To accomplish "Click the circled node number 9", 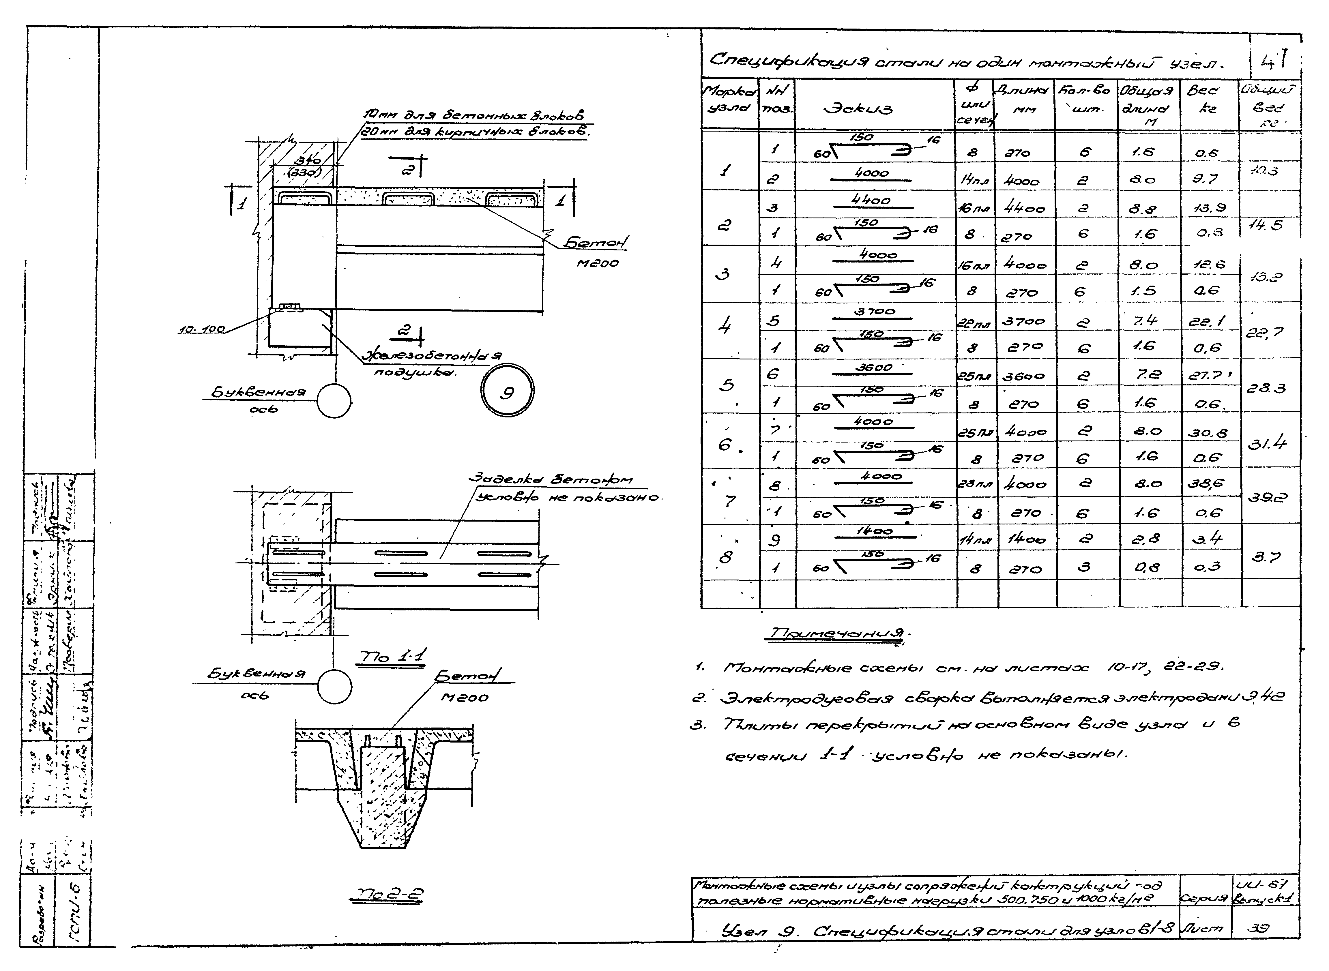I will click(507, 393).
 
